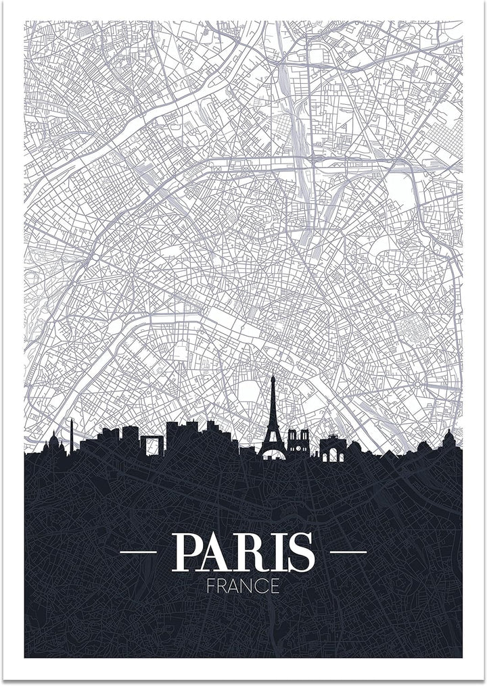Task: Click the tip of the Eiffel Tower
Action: coord(272,376)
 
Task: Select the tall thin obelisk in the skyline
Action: coord(71,436)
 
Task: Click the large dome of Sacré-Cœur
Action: coord(53,443)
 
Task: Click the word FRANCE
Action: coord(243,585)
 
